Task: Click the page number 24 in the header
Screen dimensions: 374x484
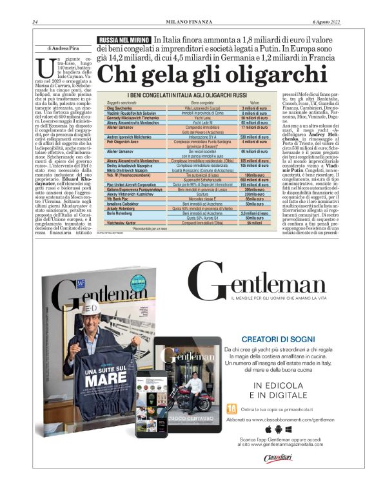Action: pos(34,23)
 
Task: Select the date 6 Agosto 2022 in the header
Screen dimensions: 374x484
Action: pos(326,23)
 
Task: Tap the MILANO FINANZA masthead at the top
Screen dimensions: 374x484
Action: pos(186,23)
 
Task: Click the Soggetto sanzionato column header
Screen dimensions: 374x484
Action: pos(123,102)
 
